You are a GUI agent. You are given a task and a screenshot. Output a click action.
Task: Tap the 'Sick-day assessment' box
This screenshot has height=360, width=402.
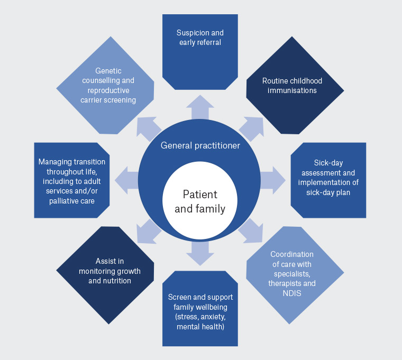coord(328,180)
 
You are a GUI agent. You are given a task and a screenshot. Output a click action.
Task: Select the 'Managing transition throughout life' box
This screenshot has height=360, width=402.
coord(72,180)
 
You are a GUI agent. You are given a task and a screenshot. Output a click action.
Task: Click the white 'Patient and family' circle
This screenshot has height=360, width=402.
coord(200,201)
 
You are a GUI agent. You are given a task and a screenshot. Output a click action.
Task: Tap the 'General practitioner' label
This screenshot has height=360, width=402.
coord(200,145)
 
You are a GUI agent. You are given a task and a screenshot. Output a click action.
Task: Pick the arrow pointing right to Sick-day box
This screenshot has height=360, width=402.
coord(273,179)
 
